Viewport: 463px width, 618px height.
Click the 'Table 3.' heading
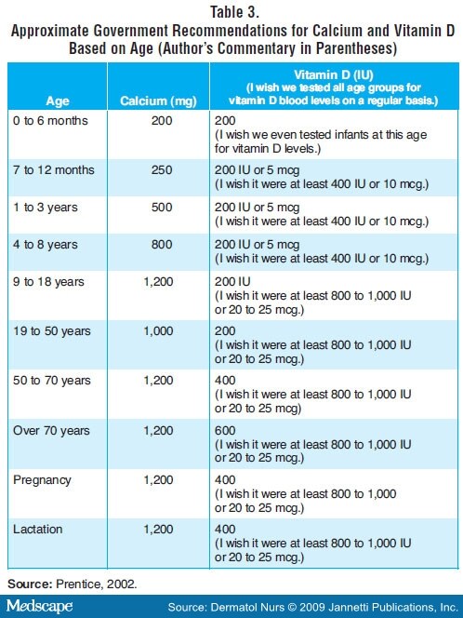(x=234, y=12)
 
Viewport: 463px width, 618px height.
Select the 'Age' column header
(x=58, y=101)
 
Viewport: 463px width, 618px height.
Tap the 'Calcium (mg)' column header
(x=158, y=101)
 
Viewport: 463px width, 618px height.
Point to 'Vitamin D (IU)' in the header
(x=334, y=74)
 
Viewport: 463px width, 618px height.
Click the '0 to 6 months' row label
(x=50, y=121)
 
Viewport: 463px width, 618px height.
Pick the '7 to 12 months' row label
(x=54, y=170)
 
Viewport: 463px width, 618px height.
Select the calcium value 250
(x=162, y=170)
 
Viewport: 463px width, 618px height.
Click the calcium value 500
(x=162, y=207)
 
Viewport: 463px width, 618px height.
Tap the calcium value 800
(x=162, y=245)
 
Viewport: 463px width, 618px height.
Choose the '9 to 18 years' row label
(x=49, y=282)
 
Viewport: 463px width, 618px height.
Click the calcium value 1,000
(x=158, y=331)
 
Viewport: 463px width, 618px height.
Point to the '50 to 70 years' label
(x=52, y=381)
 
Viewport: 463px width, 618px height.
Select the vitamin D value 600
(x=225, y=430)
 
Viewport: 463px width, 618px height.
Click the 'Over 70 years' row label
(x=51, y=430)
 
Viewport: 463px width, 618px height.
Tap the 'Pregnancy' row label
(x=42, y=480)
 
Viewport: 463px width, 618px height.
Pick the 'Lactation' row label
(x=38, y=529)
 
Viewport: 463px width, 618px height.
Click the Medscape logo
(x=39, y=606)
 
